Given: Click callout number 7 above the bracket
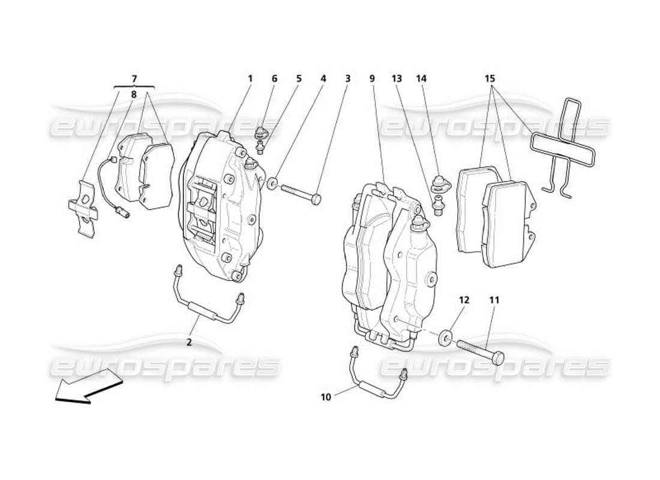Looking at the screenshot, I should pyautogui.click(x=134, y=79).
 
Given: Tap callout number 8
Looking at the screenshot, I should pyautogui.click(x=134, y=94).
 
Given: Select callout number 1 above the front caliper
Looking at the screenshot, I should pyautogui.click(x=250, y=79).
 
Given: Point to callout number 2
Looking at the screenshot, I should pyautogui.click(x=189, y=343).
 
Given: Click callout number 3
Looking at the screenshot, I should pyautogui.click(x=347, y=79).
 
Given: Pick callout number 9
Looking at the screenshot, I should pyautogui.click(x=372, y=79).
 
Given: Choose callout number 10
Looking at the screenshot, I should pyautogui.click(x=326, y=397).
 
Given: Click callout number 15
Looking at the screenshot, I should pyautogui.click(x=490, y=79).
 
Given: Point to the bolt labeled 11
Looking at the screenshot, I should pyautogui.click(x=481, y=350).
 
